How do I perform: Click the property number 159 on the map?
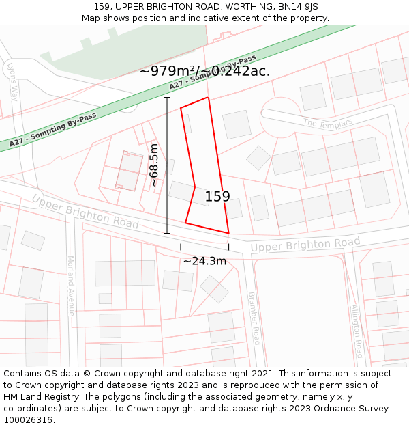217,196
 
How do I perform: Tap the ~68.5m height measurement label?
155,165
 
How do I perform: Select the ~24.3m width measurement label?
204,261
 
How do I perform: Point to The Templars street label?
328,123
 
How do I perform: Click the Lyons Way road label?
12,81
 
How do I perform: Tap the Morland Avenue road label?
70,286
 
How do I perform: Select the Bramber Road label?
254,318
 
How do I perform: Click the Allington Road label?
356,331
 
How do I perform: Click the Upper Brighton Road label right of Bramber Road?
305,244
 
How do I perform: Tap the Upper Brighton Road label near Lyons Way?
85,212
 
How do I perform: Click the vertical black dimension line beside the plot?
167,165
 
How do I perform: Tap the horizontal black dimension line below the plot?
204,247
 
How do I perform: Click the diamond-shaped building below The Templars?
258,158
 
